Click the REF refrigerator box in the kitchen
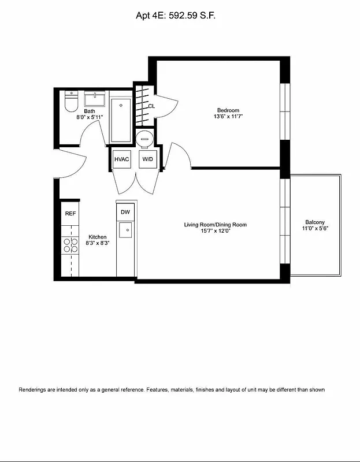[70, 213]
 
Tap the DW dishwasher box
[125, 212]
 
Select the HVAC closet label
[121, 159]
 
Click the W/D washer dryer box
[147, 159]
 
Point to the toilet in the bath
[71, 103]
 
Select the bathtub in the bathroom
[121, 120]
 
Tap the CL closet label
[151, 106]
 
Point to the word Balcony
[315, 222]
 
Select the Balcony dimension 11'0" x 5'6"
[315, 229]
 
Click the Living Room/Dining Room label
[219, 225]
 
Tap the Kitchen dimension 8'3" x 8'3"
[97, 243]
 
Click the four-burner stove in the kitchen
[70, 245]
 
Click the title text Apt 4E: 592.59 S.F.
[180, 18]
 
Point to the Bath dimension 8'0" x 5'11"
[90, 117]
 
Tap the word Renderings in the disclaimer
[34, 390]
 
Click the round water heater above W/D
[144, 137]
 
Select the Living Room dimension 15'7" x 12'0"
[219, 231]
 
